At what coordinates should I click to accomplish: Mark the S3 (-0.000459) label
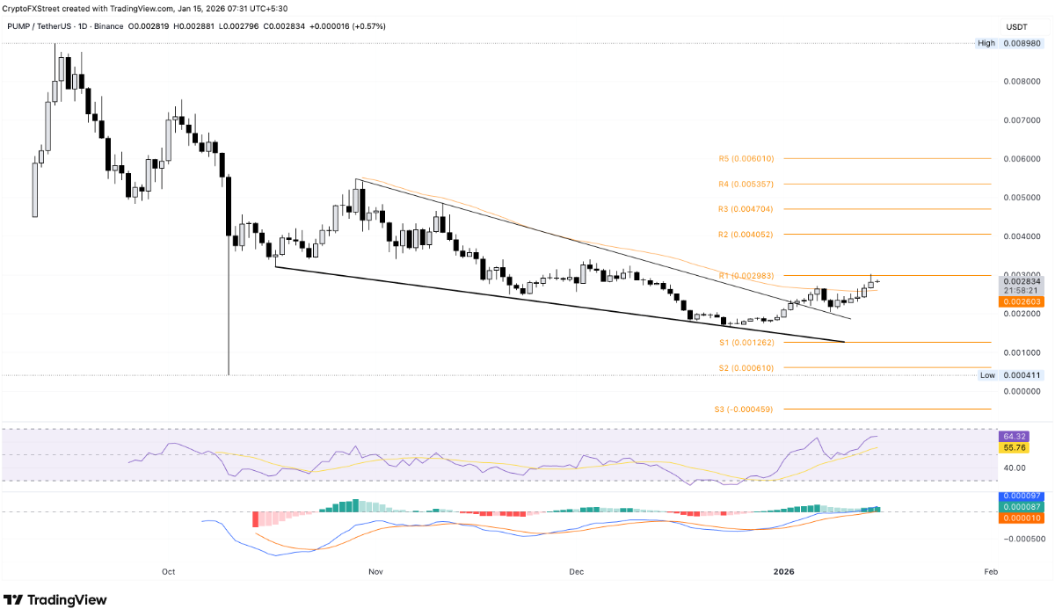click(744, 409)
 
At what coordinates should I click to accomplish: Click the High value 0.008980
click(1022, 43)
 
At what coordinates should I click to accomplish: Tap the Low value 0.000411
click(1022, 375)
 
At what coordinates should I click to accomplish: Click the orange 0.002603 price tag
click(1022, 301)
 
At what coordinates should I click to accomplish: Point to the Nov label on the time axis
click(375, 572)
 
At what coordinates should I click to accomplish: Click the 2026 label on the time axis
click(783, 572)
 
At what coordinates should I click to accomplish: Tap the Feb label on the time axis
click(990, 572)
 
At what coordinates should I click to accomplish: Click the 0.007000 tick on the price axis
click(1022, 120)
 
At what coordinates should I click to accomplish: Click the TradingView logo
click(55, 600)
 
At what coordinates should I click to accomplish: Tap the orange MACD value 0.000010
click(1022, 518)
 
